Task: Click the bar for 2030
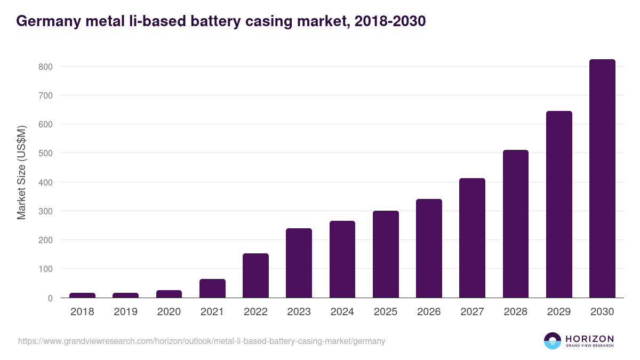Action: [602, 179]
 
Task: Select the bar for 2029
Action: [559, 204]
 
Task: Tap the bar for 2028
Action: [516, 224]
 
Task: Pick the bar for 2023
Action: [299, 263]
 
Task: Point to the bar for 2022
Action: [255, 275]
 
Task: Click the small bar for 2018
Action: [82, 295]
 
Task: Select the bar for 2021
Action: [212, 288]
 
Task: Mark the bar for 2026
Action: [429, 248]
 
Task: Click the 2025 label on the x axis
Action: [386, 312]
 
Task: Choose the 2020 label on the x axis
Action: [169, 312]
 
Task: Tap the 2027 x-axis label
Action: [472, 312]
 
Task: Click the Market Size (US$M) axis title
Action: [21, 172]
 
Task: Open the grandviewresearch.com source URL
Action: [202, 341]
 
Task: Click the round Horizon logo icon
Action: [552, 341]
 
